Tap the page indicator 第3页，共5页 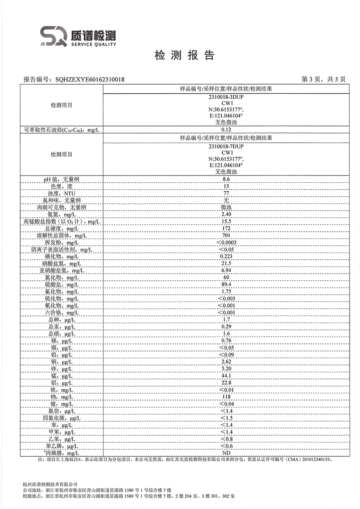[323, 80]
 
